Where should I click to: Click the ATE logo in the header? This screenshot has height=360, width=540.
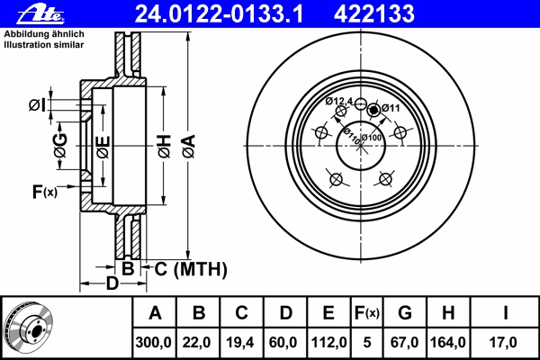pos(40,15)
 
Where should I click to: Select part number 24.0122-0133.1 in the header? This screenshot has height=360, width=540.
pos(219,14)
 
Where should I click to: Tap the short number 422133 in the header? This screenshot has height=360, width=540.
pos(374,14)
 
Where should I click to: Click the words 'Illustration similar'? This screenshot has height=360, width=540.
pos(44,45)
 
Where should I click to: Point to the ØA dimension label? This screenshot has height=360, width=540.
pos(189,146)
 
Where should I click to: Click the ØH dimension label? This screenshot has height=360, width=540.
pos(165,146)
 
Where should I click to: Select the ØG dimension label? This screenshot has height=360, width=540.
pos(60,146)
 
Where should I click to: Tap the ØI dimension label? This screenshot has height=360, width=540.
pos(37,105)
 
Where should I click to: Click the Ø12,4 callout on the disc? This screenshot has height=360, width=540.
pos(339,101)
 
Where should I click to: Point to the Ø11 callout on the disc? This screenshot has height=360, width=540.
pos(391,108)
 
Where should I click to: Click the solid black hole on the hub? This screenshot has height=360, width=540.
pos(373,111)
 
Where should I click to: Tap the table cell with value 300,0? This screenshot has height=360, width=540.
pos(154,342)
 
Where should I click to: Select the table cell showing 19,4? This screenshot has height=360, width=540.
pos(240,342)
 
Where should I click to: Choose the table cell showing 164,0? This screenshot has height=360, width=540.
pos(448,342)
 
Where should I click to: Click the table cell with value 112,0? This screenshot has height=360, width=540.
pos(328,342)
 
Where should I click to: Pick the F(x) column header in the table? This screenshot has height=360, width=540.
pos(367,313)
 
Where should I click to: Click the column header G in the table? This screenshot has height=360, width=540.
pos(405,313)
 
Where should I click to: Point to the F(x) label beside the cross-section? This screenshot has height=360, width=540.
pos(45,192)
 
